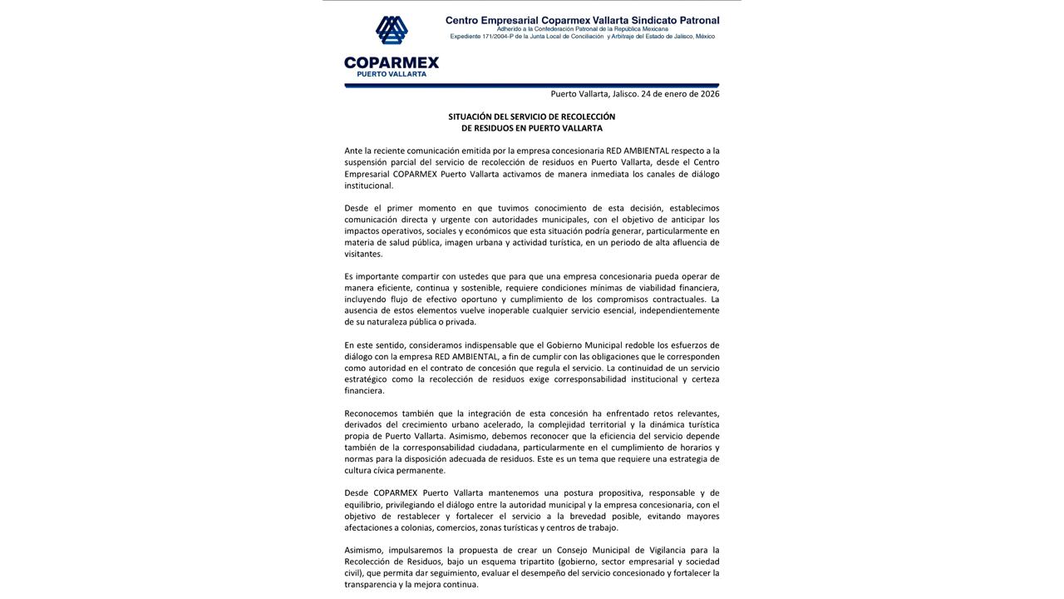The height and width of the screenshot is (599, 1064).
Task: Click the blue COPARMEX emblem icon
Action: (x=392, y=31)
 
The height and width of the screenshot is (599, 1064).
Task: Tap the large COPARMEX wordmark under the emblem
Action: (x=392, y=62)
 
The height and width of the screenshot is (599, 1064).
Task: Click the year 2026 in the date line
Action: (x=710, y=94)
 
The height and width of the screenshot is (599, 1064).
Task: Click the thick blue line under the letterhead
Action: (x=532, y=85)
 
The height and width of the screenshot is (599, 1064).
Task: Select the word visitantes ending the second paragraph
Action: (x=363, y=254)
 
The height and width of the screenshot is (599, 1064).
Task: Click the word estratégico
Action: (x=367, y=379)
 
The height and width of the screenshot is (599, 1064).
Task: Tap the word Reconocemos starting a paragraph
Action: (x=370, y=413)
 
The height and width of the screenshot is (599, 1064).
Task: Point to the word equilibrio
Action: (x=364, y=505)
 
